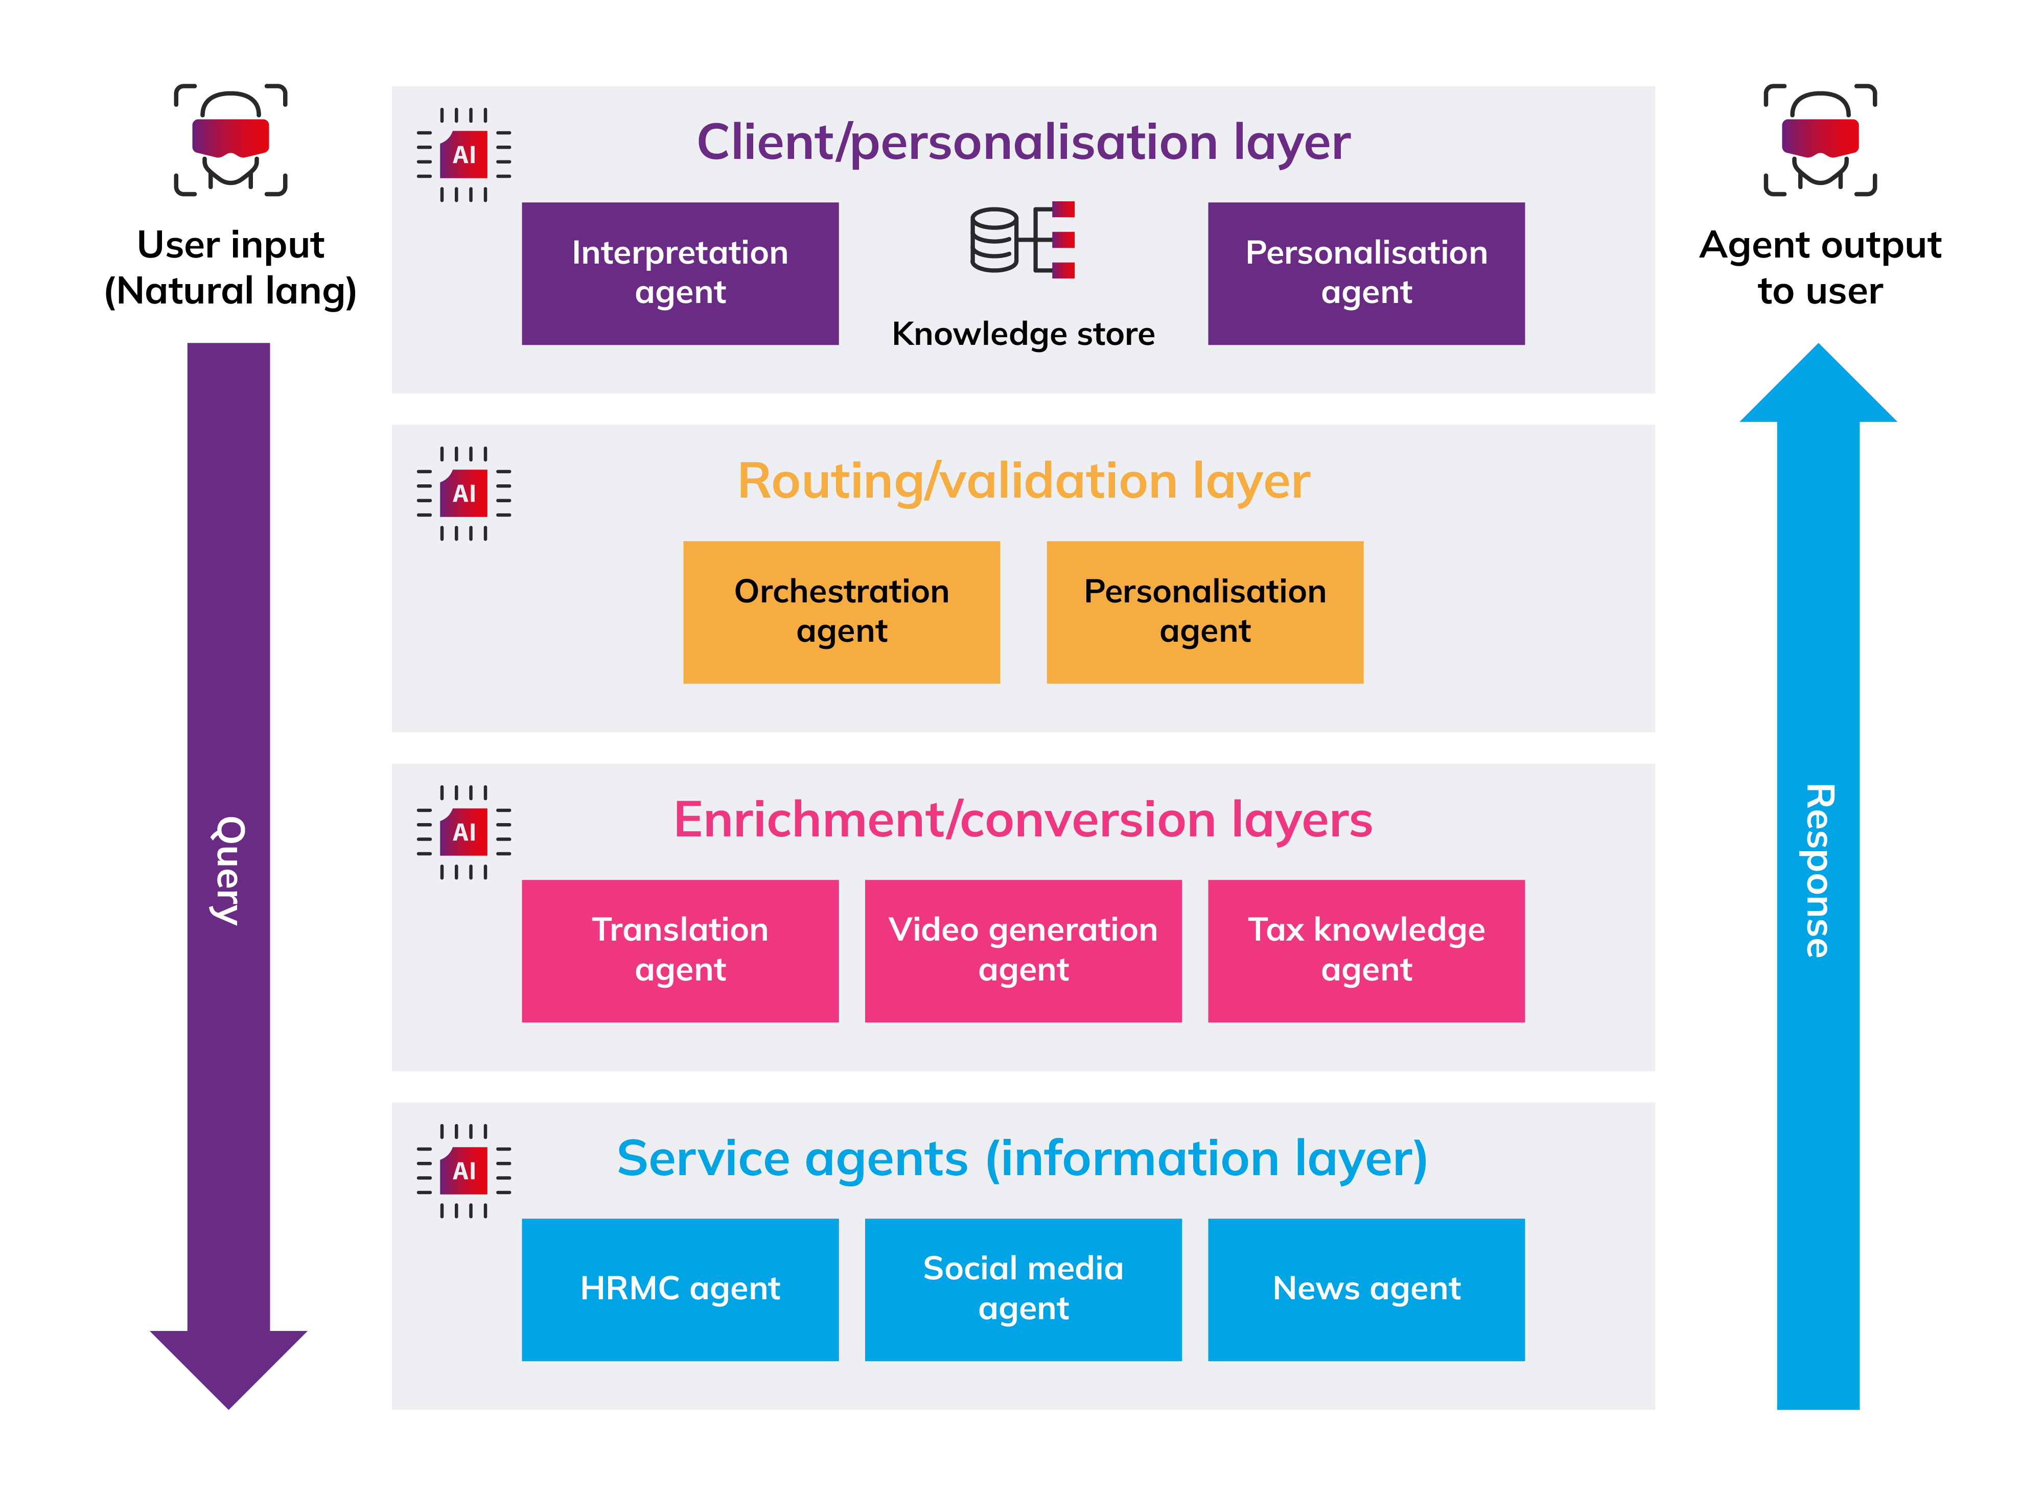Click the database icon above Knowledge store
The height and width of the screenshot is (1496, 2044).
tap(1021, 240)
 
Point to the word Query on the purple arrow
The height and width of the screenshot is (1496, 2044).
tap(228, 870)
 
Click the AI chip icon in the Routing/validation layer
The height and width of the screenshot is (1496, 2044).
tap(463, 494)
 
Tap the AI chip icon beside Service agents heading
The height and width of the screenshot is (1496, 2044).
tap(463, 1171)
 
